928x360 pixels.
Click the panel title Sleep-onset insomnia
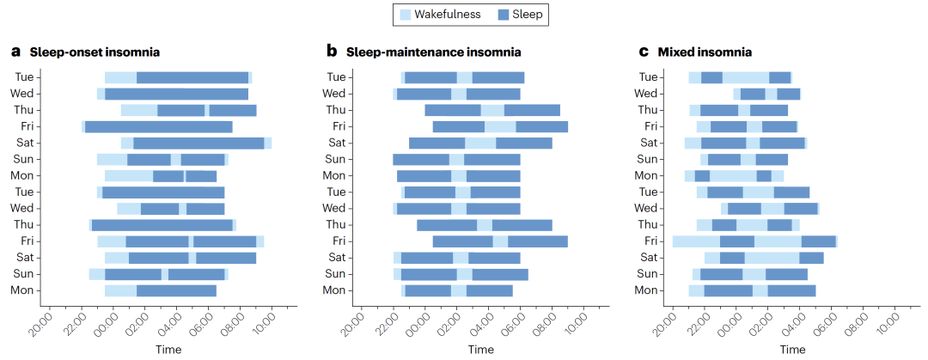point(95,52)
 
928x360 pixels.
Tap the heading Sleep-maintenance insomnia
point(433,52)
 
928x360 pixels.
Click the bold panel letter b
point(332,52)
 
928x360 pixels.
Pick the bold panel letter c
point(644,52)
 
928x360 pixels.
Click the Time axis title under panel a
point(168,349)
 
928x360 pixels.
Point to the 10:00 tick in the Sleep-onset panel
point(265,323)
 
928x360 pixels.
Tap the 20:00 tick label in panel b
point(355,323)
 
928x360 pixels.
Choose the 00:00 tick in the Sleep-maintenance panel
point(418,323)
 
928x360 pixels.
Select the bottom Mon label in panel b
point(334,290)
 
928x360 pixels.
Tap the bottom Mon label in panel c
point(645,290)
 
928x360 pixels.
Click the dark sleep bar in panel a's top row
point(192,77)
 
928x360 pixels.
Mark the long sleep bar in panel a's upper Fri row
point(158,127)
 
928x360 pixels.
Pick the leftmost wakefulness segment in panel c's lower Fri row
point(695,241)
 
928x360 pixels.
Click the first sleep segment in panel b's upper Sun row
point(421,159)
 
